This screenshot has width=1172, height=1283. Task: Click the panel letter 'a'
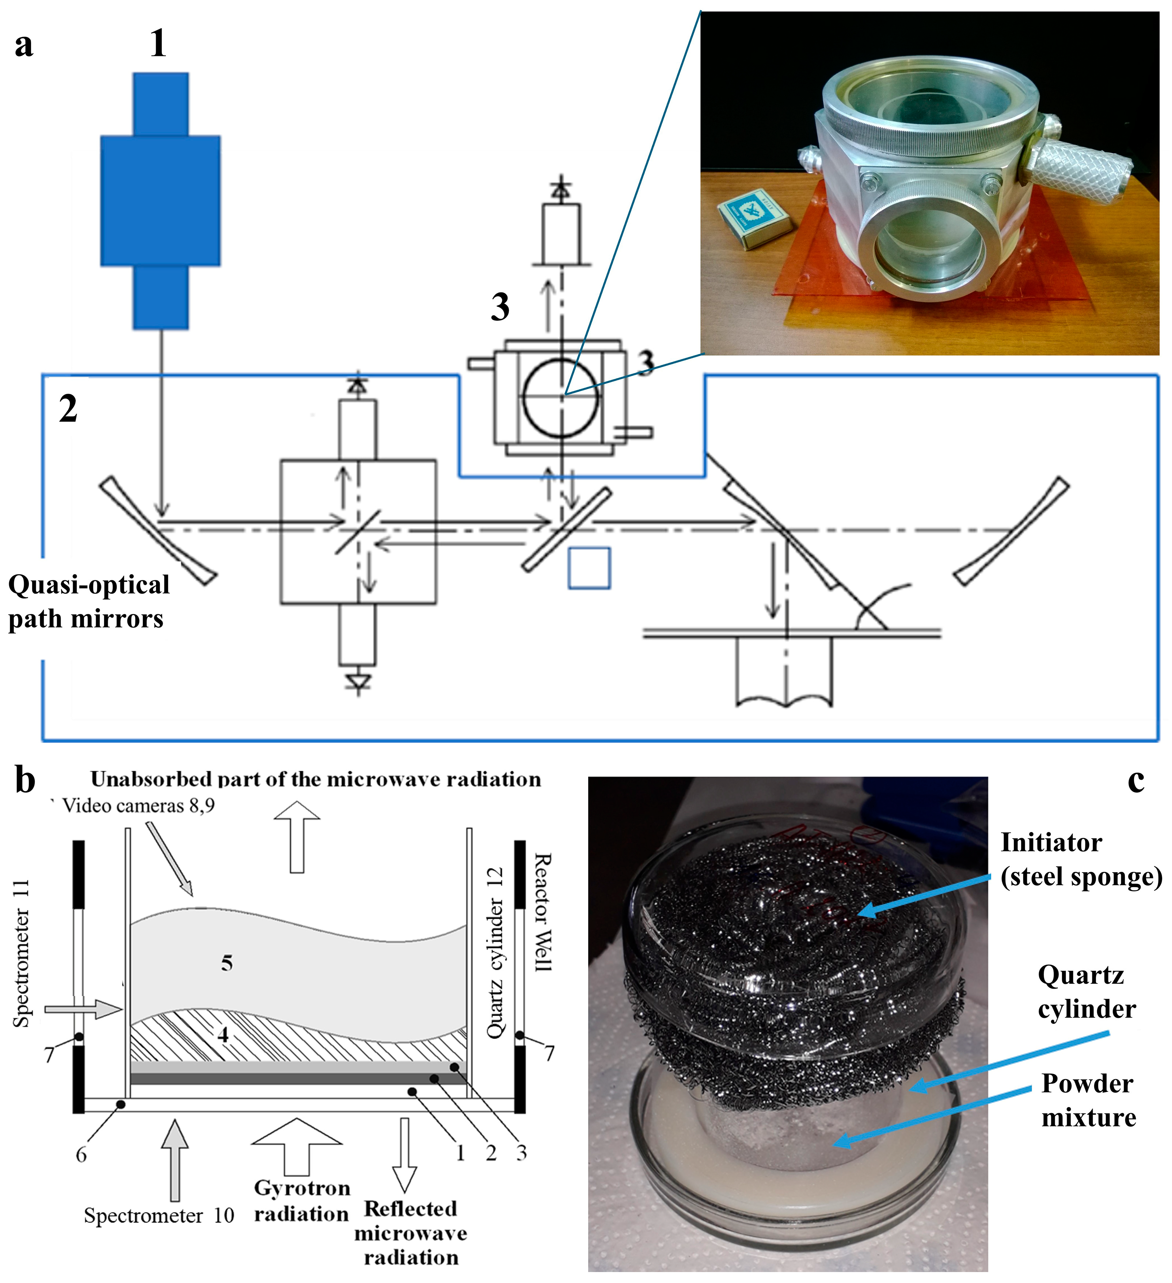[24, 46]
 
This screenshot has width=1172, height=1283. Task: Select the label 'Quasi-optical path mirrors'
[88, 602]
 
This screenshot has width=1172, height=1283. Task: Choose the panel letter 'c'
[1136, 780]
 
